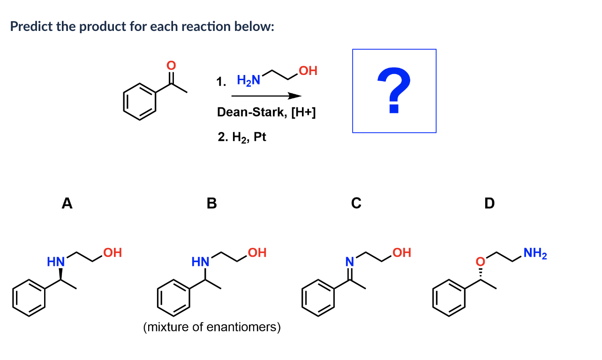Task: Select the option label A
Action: click(68, 203)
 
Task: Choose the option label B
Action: click(212, 203)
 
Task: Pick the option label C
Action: click(356, 203)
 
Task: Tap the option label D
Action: click(489, 203)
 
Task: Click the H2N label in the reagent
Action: click(248, 81)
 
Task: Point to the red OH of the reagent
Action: click(308, 71)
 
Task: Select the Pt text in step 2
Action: click(260, 137)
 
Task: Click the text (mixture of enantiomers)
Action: click(212, 327)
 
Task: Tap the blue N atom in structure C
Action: click(349, 261)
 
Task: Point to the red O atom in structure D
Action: click(480, 260)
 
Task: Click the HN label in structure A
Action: click(55, 261)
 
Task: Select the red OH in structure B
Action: click(257, 253)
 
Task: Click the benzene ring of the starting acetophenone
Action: click(140, 101)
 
